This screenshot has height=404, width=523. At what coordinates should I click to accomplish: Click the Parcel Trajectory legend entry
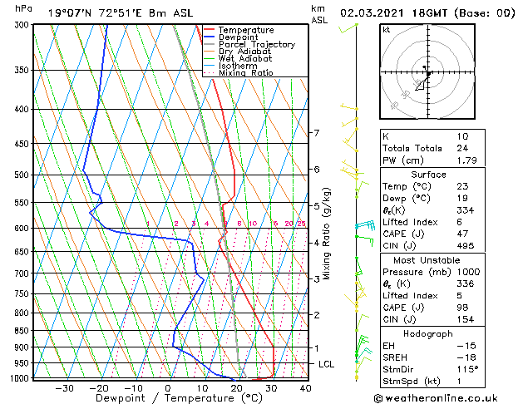coord(256,44)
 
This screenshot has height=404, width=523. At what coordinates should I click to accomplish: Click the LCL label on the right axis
coord(327,364)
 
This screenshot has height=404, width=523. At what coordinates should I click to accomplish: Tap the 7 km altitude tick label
coord(316,133)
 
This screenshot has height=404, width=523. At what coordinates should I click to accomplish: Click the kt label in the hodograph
coord(386,30)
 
